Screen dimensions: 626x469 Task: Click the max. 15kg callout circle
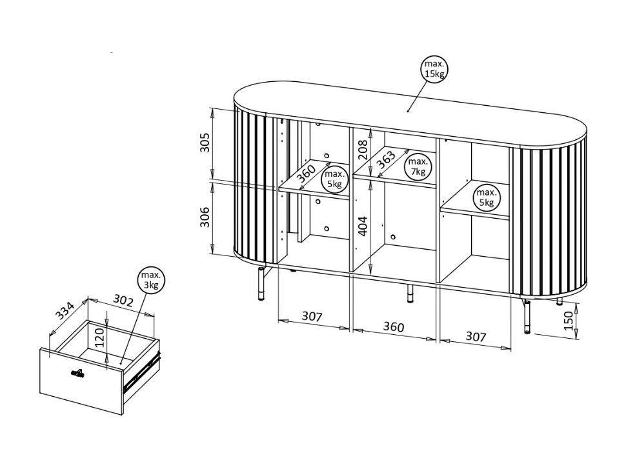[x=435, y=69]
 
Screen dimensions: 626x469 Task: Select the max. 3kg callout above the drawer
[x=151, y=280]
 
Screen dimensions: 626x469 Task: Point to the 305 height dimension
[x=205, y=143]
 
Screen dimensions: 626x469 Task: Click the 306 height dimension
[x=205, y=217]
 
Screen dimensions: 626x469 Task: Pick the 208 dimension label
[x=363, y=150]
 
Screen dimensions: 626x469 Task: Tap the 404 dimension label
[x=363, y=226]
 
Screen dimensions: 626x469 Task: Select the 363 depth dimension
[x=386, y=160]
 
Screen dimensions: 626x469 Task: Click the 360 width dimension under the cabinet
[x=394, y=326]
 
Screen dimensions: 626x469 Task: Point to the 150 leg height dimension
[x=568, y=321]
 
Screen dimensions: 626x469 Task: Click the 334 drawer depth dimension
[x=65, y=312]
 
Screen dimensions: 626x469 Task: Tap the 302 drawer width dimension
[x=123, y=300]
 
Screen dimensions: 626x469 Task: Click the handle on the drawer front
[x=77, y=374]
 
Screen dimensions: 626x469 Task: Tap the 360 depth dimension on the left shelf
[x=307, y=174]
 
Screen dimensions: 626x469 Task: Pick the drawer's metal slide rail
[x=142, y=370]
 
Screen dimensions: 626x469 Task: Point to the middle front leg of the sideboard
[x=410, y=293]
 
